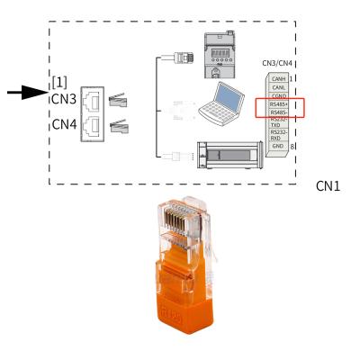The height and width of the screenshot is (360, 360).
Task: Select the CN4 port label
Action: click(64, 126)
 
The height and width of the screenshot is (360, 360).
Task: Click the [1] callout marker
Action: click(60, 83)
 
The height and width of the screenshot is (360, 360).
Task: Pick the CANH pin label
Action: click(277, 78)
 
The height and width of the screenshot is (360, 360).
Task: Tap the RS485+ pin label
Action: click(278, 104)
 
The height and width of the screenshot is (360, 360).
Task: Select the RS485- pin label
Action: click(278, 115)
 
